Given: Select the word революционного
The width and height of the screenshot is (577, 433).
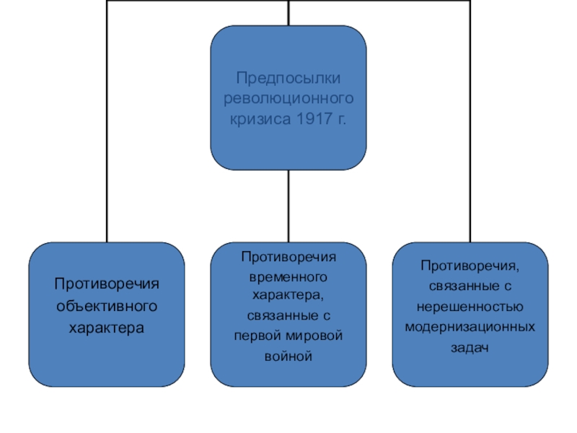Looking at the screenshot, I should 288,97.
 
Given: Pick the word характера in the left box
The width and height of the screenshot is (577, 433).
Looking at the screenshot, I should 107,327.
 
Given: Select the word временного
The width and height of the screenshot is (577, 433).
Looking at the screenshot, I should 288,276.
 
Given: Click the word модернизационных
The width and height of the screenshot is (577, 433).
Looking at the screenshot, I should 469,326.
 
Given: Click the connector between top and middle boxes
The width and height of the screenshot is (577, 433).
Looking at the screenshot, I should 288,206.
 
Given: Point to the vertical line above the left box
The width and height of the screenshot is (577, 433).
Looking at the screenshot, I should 107,144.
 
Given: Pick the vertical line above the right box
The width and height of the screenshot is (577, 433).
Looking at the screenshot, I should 469,144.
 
